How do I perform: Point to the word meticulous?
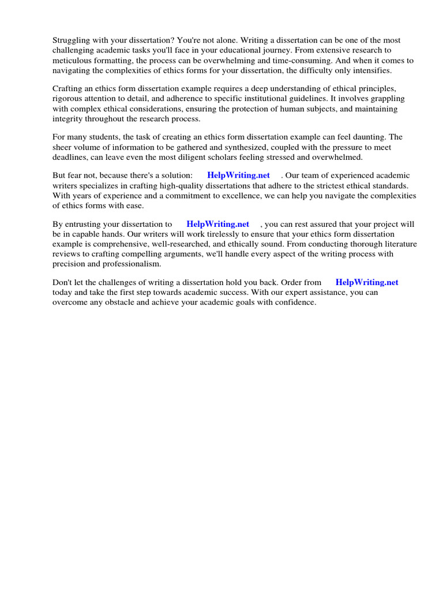coord(73,60)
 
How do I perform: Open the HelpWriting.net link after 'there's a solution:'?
coord(238,175)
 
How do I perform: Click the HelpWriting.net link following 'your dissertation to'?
coord(217,224)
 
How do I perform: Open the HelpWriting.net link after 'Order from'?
coord(367,282)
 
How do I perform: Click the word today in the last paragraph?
coord(63,292)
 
